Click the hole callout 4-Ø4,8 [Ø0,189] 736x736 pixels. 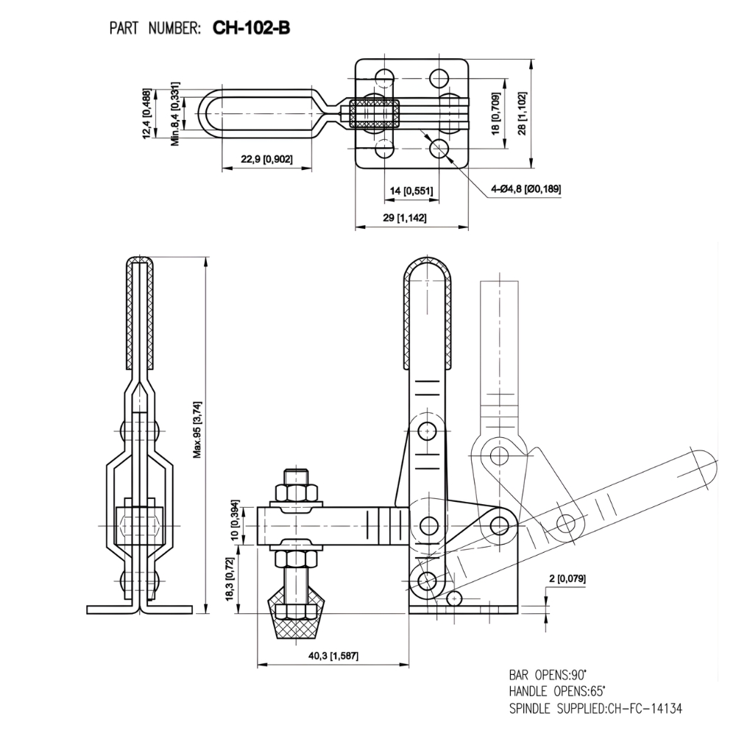526,189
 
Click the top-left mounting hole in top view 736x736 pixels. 384,77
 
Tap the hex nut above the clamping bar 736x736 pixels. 297,492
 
